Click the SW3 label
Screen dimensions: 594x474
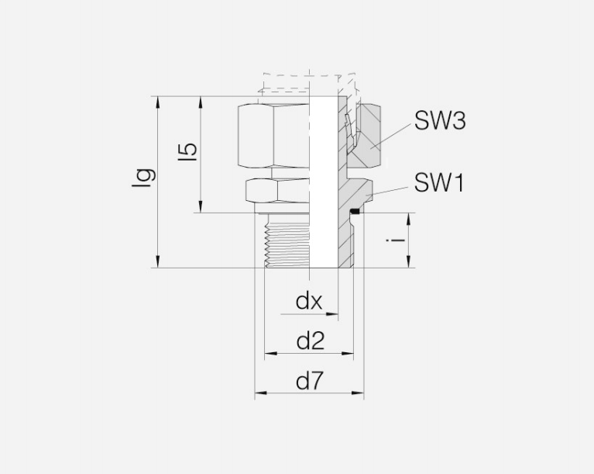point(440,121)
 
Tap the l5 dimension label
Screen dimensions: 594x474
point(188,151)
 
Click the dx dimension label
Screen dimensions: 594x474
point(309,301)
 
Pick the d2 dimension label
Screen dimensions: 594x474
point(311,341)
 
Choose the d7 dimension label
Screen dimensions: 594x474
point(311,381)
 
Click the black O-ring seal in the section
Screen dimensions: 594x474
point(355,211)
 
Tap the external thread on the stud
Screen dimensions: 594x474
point(287,240)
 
